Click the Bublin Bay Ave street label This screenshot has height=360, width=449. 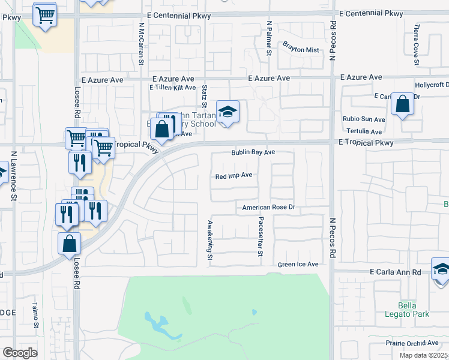pos(253,152)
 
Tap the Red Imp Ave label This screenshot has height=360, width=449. pos(234,176)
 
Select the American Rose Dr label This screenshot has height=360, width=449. pos(270,208)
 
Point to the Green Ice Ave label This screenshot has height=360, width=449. pos(298,265)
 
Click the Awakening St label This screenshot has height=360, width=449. pos(210,239)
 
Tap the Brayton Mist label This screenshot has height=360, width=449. pos(301,50)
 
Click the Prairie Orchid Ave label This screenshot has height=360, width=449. pos(412,344)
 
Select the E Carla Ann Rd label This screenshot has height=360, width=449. pos(395,272)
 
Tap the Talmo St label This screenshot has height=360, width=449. pos(35,316)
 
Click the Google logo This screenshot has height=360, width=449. pos(20,353)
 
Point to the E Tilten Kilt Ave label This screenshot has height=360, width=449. pos(173,88)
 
